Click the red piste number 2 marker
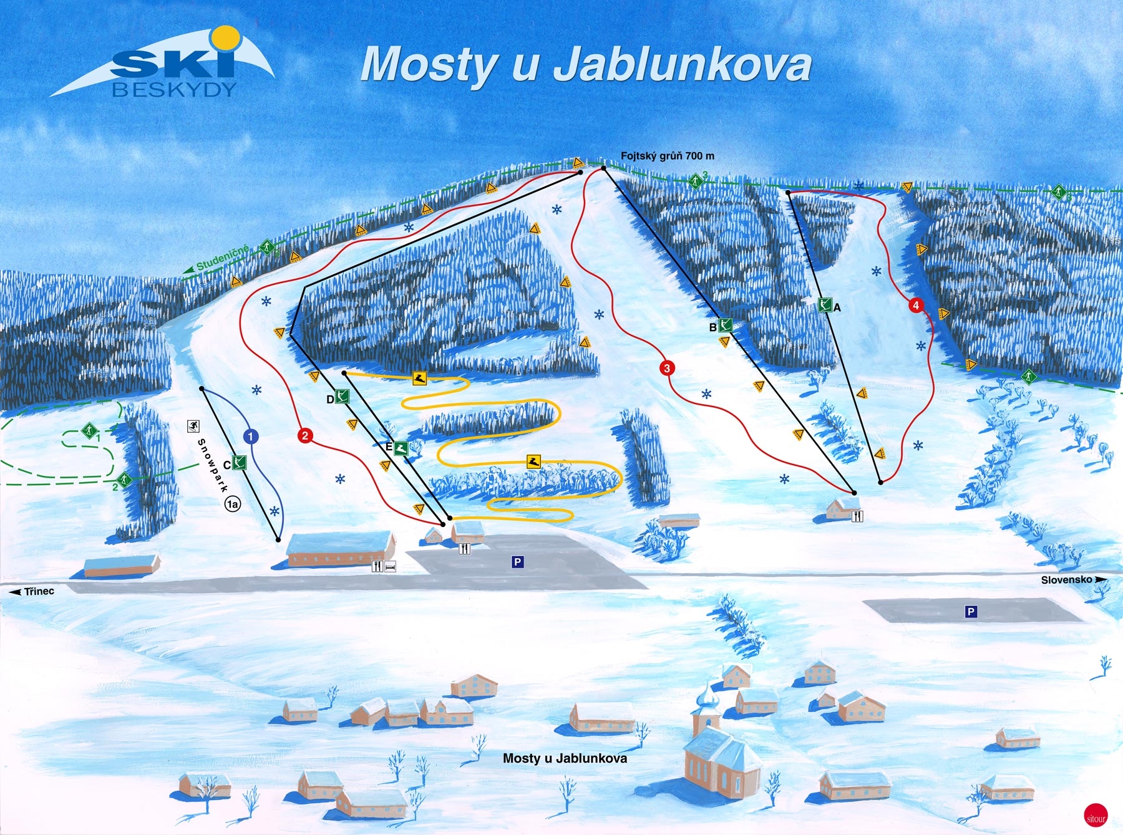[305, 435]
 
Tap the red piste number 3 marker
[667, 368]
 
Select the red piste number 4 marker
[916, 306]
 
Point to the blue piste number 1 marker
[251, 436]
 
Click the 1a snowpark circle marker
[233, 504]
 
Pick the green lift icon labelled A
[825, 305]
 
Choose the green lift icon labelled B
[725, 325]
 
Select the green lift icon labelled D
[342, 396]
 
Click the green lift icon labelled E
[401, 448]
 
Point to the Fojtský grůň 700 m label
[667, 156]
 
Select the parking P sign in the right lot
[971, 612]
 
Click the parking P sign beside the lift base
[517, 562]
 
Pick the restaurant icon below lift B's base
[857, 516]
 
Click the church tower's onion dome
[707, 697]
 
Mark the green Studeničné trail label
[223, 258]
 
